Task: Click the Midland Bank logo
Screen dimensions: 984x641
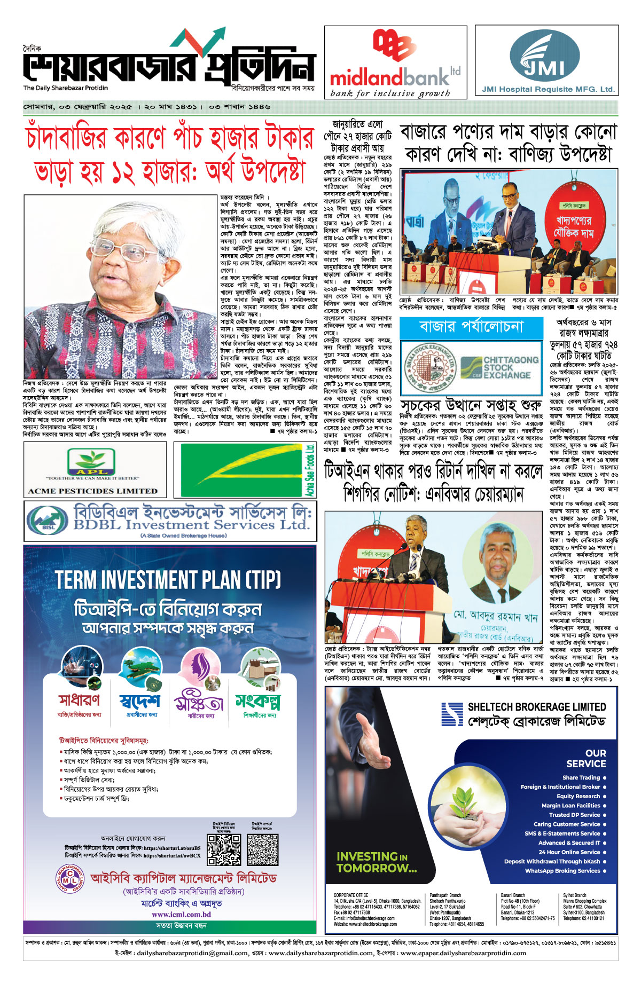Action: pyautogui.click(x=395, y=63)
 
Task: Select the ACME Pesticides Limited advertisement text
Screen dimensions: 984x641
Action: pyautogui.click(x=93, y=491)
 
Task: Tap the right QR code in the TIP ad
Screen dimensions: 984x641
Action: pyautogui.click(x=263, y=849)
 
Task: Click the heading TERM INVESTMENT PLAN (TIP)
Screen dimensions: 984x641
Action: pyautogui.click(x=168, y=580)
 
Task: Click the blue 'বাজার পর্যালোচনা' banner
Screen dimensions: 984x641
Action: pyautogui.click(x=471, y=327)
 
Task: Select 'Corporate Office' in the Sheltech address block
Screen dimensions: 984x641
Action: pyautogui.click(x=351, y=895)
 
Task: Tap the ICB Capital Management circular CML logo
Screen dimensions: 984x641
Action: pyautogui.click(x=71, y=881)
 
